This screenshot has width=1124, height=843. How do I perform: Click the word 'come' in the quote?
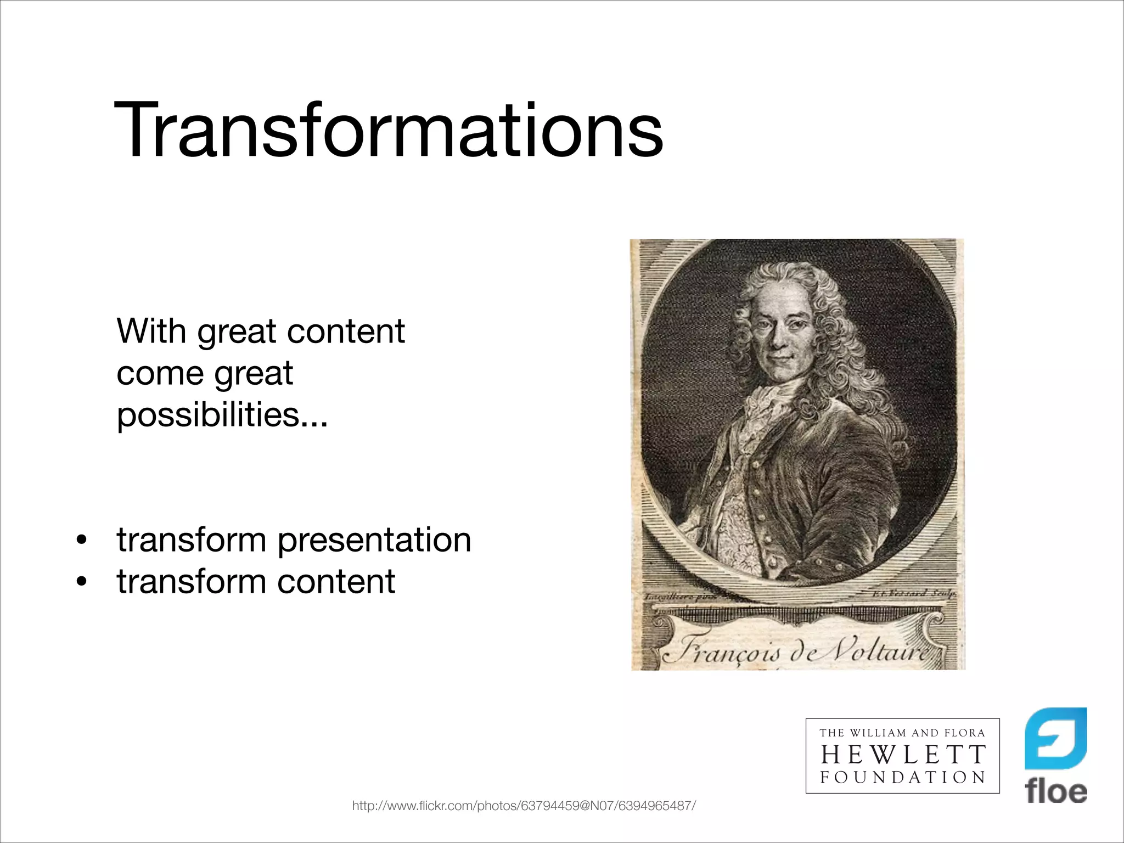(160, 374)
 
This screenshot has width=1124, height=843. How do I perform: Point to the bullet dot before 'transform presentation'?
(82, 540)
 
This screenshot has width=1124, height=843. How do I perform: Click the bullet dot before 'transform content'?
(82, 582)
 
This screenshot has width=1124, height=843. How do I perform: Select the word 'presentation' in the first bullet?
(374, 540)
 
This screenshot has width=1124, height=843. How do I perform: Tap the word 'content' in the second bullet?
(336, 582)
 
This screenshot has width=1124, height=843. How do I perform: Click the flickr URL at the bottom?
(524, 806)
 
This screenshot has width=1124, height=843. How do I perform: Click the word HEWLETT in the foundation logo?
(903, 755)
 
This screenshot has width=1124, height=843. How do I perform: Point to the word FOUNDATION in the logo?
(903, 777)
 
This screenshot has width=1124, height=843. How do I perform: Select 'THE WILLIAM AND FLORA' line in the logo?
(903, 733)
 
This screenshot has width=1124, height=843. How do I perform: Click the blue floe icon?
(1056, 738)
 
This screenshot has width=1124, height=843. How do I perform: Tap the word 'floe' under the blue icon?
(1056, 792)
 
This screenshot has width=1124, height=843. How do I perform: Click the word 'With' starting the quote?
(151, 331)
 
